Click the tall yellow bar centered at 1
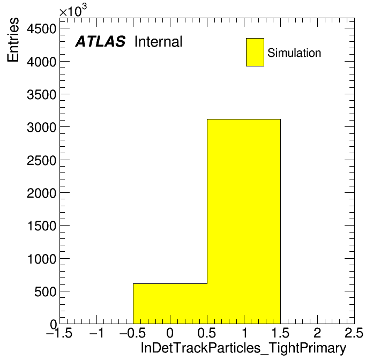244,221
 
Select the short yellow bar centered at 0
170,304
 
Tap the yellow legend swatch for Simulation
255,52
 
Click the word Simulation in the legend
294,52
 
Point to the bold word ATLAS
100,41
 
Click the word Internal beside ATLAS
159,41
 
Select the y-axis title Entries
13,40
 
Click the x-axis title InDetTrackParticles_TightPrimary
243,348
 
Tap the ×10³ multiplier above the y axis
73,10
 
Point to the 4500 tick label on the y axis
41,29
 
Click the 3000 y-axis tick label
41,127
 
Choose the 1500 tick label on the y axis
42,226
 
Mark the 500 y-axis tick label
45,291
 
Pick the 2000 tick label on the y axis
41,193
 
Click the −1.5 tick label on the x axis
59,333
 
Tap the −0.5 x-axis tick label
133,333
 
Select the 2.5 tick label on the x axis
354,333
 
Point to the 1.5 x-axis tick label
280,333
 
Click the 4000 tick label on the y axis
41,62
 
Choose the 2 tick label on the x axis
317,333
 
